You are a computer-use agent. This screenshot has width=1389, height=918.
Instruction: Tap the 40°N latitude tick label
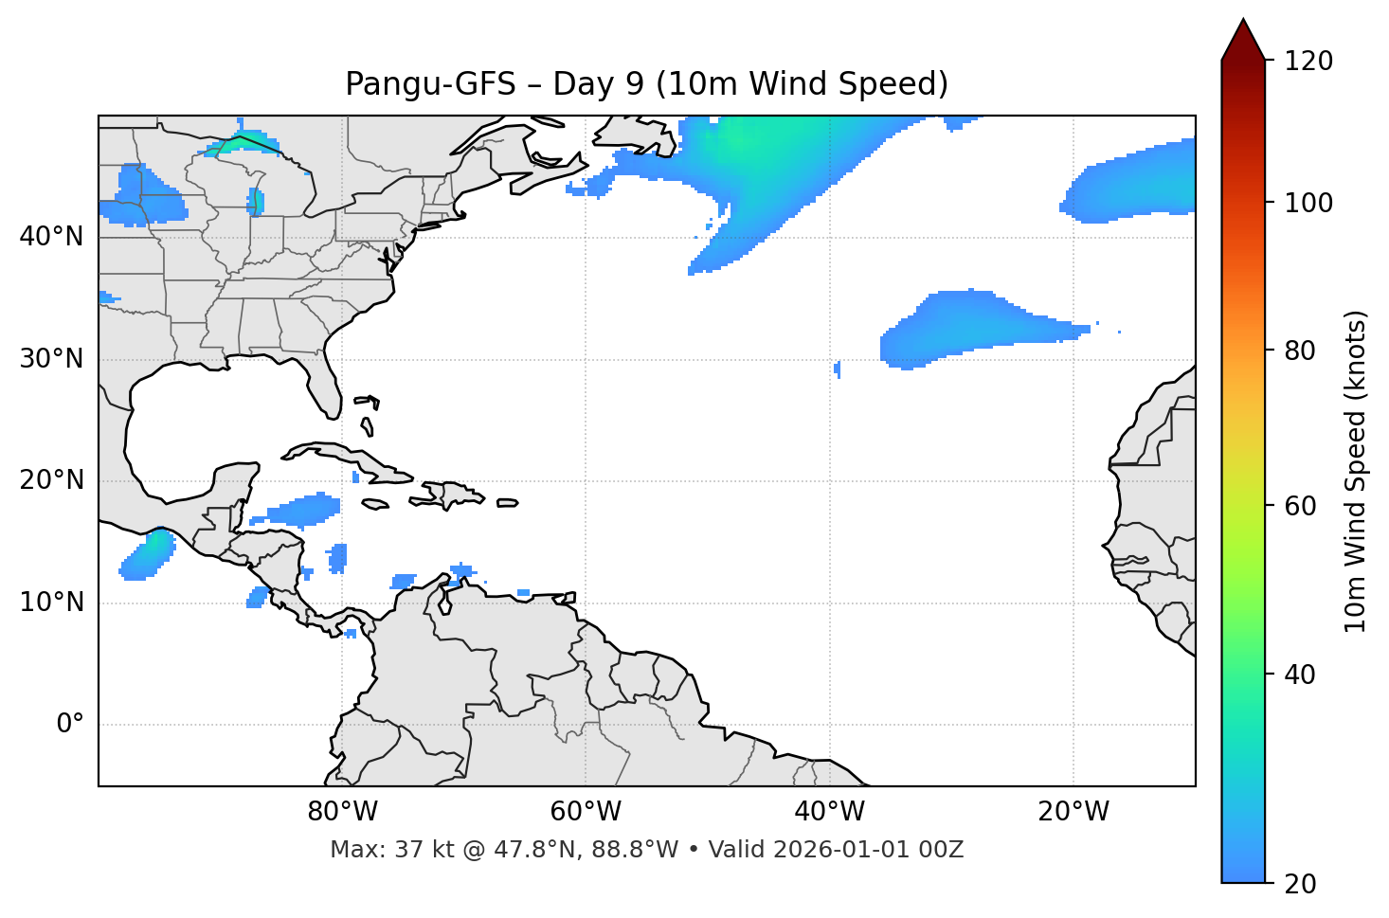click(51, 236)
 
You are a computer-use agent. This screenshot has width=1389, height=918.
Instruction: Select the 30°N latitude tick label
click(51, 359)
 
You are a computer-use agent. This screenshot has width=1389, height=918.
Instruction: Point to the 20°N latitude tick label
click(51, 480)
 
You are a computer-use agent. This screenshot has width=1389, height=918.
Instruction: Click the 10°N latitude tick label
click(51, 603)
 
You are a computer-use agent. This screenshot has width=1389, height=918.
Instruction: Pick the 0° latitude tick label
click(70, 725)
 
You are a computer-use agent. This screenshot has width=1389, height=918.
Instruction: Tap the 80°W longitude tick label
click(342, 812)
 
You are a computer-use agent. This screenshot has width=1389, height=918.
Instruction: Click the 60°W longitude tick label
click(586, 812)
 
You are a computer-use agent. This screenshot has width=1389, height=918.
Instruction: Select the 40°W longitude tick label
click(829, 812)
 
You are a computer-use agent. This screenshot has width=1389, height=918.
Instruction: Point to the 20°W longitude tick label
click(1073, 812)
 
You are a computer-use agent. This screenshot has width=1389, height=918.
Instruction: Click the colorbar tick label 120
click(1308, 62)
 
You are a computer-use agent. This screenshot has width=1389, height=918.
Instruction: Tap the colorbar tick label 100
click(1308, 203)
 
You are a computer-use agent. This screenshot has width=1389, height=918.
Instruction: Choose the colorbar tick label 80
click(1300, 351)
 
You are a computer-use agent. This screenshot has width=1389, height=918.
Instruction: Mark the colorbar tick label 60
click(1300, 506)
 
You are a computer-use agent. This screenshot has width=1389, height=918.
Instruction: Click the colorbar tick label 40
click(1300, 675)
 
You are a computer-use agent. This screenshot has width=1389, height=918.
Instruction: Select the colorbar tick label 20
click(1300, 884)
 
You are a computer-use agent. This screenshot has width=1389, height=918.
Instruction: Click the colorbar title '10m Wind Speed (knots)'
click(1357, 472)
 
